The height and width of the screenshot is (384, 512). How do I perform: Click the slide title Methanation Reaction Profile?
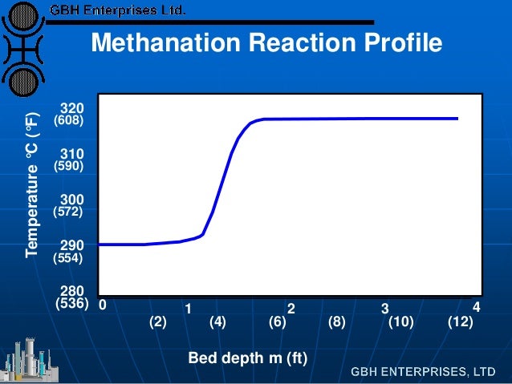(266, 43)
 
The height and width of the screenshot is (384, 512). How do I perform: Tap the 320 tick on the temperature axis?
(72, 107)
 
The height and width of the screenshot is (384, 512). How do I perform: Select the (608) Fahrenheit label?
(68, 120)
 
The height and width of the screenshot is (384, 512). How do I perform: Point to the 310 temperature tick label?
(72, 153)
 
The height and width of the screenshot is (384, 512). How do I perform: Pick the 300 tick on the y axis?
(72, 199)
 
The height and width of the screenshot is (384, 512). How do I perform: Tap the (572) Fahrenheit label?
(68, 212)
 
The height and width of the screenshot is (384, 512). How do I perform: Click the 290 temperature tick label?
(72, 245)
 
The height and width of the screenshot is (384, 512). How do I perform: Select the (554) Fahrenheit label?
(68, 258)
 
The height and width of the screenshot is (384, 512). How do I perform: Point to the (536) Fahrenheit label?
(71, 305)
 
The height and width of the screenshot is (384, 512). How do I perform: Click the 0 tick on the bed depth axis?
(102, 305)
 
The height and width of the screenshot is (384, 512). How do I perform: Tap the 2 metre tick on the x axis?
(292, 309)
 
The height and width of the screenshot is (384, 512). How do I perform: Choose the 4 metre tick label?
(476, 307)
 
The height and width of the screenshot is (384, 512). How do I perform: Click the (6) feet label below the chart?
(278, 322)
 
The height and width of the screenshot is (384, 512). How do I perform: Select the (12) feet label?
(460, 322)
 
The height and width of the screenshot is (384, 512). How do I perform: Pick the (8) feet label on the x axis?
(337, 322)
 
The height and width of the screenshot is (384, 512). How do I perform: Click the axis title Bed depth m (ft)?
(248, 358)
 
